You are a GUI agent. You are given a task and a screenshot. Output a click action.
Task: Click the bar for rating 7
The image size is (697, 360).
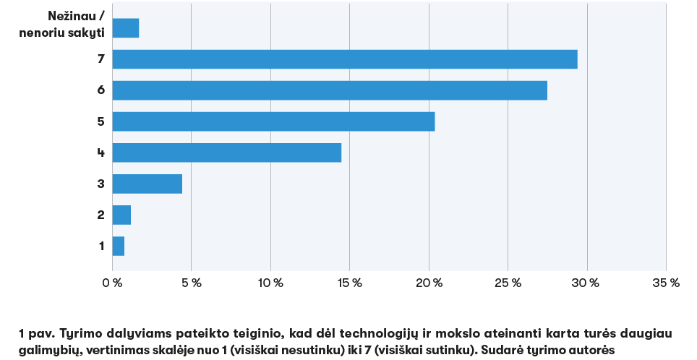[x=345, y=59]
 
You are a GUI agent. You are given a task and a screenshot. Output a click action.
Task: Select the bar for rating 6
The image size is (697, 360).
[x=330, y=90]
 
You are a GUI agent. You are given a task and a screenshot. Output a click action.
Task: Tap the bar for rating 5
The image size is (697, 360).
[x=273, y=121]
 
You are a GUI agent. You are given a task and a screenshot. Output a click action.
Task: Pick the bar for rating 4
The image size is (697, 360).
[x=227, y=153]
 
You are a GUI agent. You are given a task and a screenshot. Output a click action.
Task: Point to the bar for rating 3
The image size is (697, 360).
[x=147, y=184]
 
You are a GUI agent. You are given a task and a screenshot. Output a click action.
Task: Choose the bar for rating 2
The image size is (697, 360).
[x=121, y=215]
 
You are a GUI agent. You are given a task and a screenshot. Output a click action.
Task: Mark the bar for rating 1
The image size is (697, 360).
[x=119, y=246]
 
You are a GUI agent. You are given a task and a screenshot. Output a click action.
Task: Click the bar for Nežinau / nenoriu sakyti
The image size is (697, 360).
[x=126, y=28]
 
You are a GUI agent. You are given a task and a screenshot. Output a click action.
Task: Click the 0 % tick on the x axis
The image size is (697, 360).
[x=112, y=283]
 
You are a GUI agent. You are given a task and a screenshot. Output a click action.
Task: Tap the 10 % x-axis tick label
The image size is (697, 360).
[x=270, y=283]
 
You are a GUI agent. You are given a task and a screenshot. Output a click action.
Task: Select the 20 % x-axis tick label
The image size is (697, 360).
[x=429, y=283]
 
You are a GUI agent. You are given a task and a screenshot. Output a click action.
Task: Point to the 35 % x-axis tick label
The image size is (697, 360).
[x=666, y=283]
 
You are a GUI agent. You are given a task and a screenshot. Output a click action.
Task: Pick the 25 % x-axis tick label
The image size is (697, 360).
[x=508, y=283]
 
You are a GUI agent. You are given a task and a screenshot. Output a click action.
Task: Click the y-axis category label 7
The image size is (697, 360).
[x=101, y=59]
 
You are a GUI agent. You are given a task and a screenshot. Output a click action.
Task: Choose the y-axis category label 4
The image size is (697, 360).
[x=101, y=153]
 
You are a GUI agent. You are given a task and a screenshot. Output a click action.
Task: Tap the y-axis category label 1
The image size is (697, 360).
[x=101, y=246]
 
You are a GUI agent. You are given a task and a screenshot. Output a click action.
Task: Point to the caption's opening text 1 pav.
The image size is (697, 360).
[x=36, y=333]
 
